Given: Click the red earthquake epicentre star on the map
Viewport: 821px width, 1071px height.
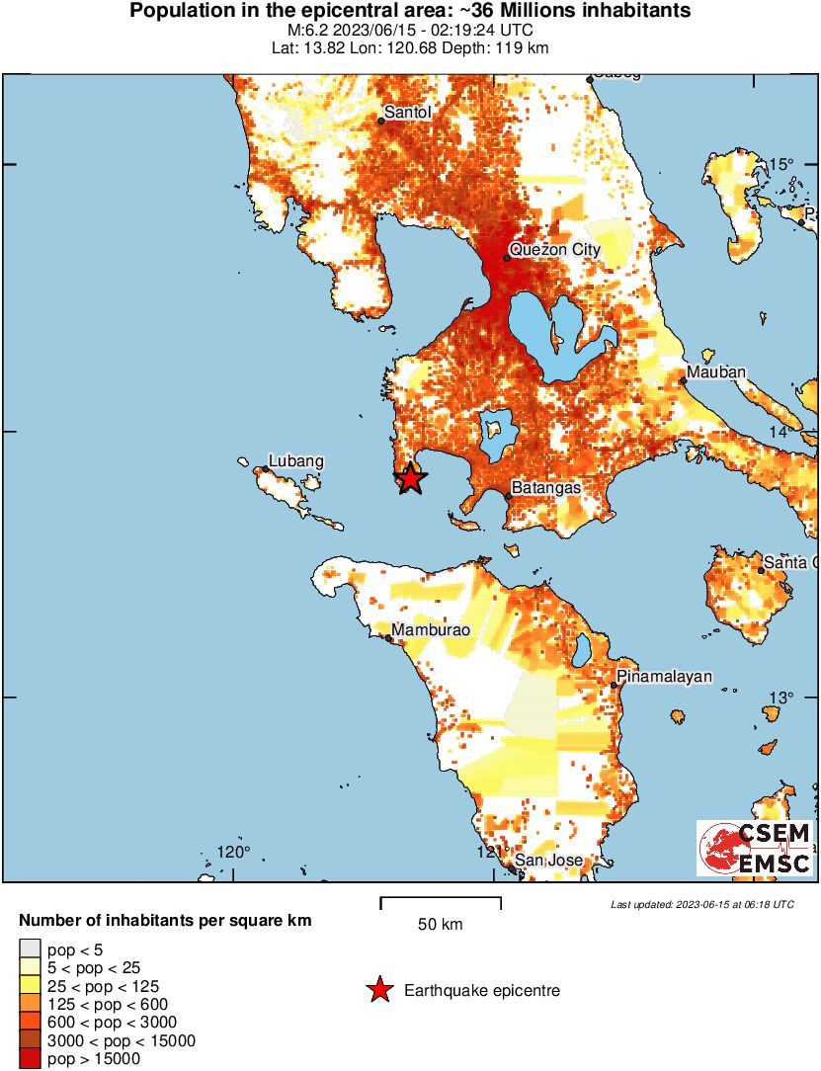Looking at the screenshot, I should pyautogui.click(x=411, y=479).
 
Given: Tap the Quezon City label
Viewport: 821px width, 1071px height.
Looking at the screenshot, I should pyautogui.click(x=554, y=250).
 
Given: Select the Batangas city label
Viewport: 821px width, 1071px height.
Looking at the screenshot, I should pyautogui.click(x=545, y=488).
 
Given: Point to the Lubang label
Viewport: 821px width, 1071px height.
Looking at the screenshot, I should pyautogui.click(x=296, y=461).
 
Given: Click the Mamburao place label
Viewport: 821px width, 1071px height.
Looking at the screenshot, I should pyautogui.click(x=429, y=630).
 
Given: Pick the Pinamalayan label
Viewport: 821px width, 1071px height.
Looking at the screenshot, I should pyautogui.click(x=664, y=678).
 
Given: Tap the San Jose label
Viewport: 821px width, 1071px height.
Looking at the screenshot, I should pyautogui.click(x=550, y=861).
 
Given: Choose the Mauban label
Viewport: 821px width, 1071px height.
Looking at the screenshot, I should pyautogui.click(x=717, y=371).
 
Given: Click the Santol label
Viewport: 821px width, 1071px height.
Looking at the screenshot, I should pyautogui.click(x=408, y=113).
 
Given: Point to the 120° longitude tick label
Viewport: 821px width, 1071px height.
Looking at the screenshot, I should pyautogui.click(x=233, y=853).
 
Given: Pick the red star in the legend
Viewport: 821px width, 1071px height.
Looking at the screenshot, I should pyautogui.click(x=378, y=990).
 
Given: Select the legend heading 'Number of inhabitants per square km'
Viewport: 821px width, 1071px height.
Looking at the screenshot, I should pyautogui.click(x=165, y=921).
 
